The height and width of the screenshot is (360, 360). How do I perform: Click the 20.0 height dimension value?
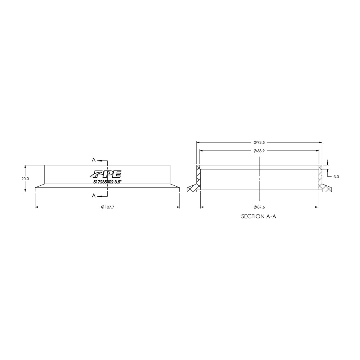coord(25,178)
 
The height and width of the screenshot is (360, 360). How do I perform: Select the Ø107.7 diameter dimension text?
coord(108,207)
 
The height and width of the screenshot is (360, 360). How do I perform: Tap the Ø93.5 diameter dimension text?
coord(259,142)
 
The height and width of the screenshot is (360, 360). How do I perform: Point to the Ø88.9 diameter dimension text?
coord(259,151)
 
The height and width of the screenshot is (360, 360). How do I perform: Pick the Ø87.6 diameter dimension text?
coord(259,207)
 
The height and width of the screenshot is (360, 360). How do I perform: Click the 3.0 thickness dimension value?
coord(336,177)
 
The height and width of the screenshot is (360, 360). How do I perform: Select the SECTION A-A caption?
coord(258,216)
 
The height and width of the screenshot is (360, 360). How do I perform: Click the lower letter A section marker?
coord(94,196)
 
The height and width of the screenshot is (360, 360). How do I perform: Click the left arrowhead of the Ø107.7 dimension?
coord(37,207)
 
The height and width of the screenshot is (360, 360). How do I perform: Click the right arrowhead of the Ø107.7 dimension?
coord(178,207)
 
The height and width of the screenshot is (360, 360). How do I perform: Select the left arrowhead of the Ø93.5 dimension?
coord(198,142)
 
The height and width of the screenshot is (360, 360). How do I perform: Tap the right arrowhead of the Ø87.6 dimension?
coord(316,207)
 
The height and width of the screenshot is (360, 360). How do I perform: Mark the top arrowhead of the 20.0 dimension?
coord(25,166)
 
